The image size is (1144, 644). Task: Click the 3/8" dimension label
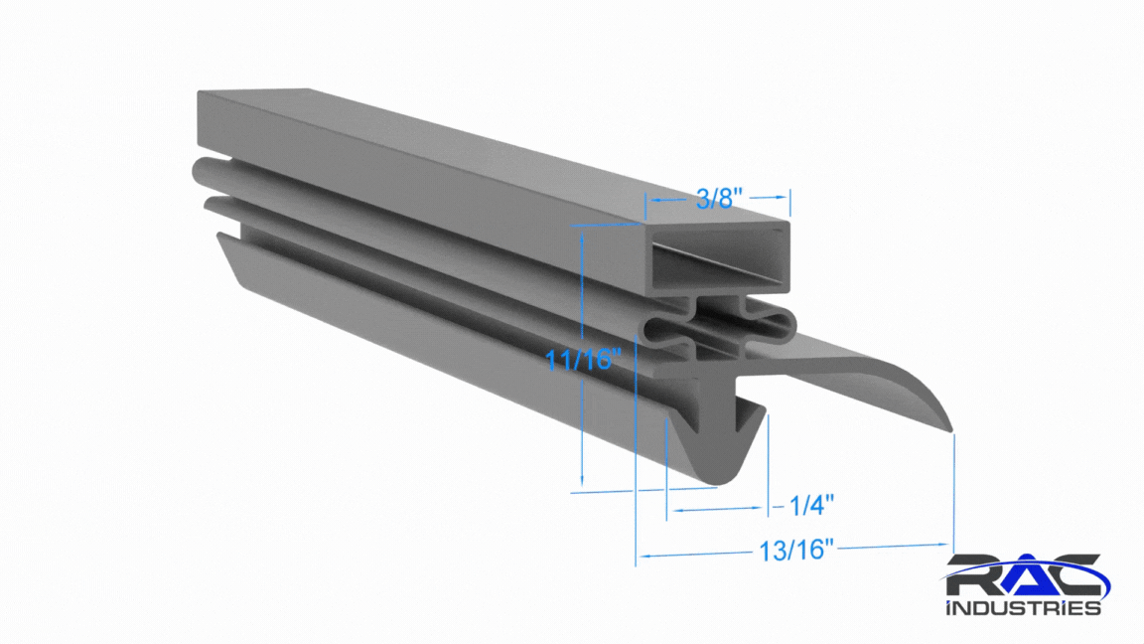click(719, 198)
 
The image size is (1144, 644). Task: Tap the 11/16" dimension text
click(584, 359)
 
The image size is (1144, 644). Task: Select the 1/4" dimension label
click(811, 505)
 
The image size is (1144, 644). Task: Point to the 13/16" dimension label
click(796, 550)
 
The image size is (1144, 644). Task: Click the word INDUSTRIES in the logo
click(1023, 607)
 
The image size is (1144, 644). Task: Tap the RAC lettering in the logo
click(1026, 577)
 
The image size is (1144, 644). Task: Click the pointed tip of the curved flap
click(950, 430)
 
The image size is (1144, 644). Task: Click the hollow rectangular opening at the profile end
click(720, 258)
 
